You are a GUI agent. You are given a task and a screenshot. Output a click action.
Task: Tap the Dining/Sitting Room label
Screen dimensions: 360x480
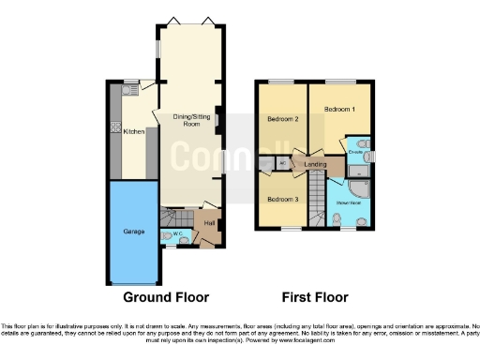click(191, 119)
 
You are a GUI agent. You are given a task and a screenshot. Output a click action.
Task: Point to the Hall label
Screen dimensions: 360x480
click(208, 223)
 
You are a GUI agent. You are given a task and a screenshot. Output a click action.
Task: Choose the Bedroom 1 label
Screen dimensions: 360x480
click(339, 110)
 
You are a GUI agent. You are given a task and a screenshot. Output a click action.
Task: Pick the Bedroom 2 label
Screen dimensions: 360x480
click(282, 119)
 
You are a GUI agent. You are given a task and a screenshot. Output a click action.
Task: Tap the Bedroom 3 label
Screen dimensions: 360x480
click(281, 199)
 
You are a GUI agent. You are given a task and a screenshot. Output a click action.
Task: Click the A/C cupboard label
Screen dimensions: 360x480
click(283, 164)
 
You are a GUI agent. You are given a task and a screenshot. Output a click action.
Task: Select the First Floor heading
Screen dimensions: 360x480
click(315, 297)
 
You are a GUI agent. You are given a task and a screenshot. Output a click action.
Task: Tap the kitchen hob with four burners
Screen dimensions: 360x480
click(113, 127)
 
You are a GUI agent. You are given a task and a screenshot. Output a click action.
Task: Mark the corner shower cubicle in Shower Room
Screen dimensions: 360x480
click(363, 201)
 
